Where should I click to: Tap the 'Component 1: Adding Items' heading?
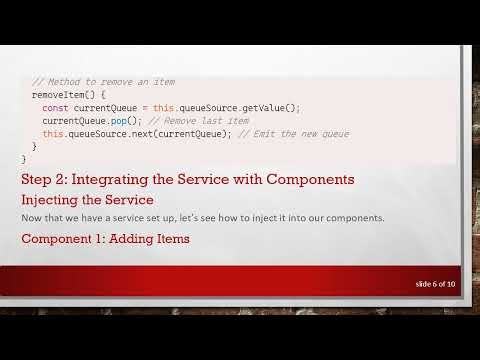click(105, 239)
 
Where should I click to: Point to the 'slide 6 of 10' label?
click(435, 285)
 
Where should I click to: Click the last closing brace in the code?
click(24, 159)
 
